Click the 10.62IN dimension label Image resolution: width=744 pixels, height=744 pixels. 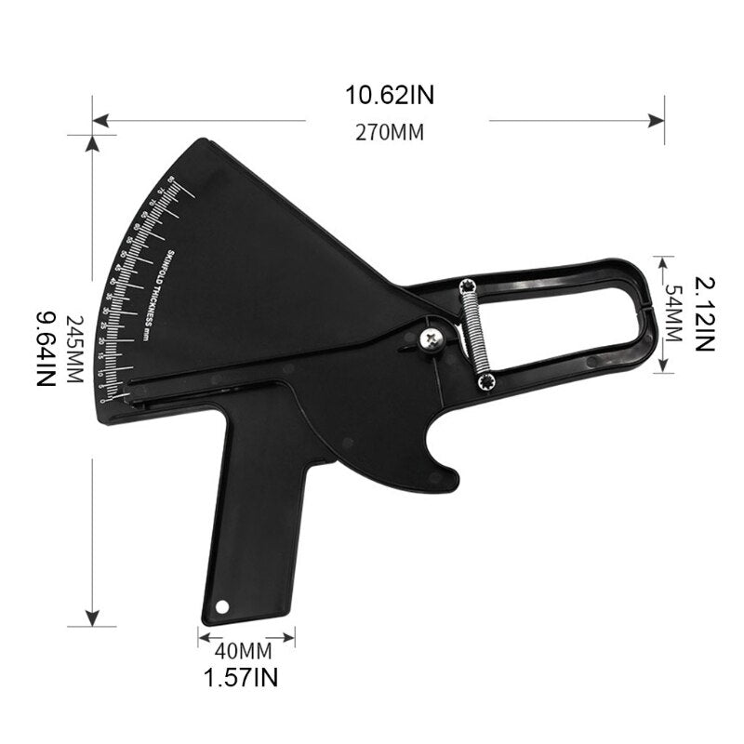(x=390, y=95)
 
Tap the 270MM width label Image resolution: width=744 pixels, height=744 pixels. (x=390, y=132)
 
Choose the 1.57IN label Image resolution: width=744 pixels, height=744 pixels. (x=241, y=677)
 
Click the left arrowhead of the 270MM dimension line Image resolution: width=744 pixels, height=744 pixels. (x=97, y=119)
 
